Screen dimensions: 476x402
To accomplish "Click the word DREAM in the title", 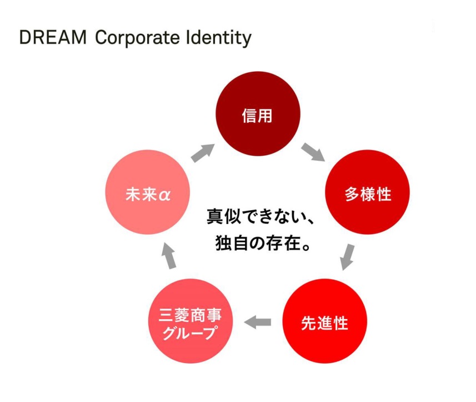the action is (53, 37).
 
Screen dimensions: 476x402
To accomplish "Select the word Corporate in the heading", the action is (138, 38).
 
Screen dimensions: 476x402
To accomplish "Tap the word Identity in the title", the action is (219, 38).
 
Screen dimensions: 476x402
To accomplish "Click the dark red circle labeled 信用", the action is (258, 113).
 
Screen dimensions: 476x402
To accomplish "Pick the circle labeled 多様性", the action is (367, 192).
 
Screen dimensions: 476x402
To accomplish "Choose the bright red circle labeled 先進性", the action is (324, 321).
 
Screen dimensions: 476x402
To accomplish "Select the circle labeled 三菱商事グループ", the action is (191, 321).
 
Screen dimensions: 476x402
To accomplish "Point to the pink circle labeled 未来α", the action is (148, 192).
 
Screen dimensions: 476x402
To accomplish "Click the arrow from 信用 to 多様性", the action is (313, 152).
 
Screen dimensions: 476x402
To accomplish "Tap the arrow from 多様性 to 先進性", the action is (347, 257).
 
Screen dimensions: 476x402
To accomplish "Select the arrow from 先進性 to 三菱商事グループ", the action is (257, 322).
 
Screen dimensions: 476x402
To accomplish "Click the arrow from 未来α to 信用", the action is (203, 153).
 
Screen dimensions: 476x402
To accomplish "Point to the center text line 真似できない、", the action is (260, 216).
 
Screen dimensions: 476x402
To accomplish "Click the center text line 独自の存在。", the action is (263, 243).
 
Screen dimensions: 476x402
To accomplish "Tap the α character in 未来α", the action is (164, 195).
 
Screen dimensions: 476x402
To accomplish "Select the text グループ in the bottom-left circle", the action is (191, 332).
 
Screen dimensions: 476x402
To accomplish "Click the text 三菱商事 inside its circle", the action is (191, 315).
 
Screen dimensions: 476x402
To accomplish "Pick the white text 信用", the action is (257, 116).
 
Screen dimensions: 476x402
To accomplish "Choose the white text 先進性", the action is (324, 323).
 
